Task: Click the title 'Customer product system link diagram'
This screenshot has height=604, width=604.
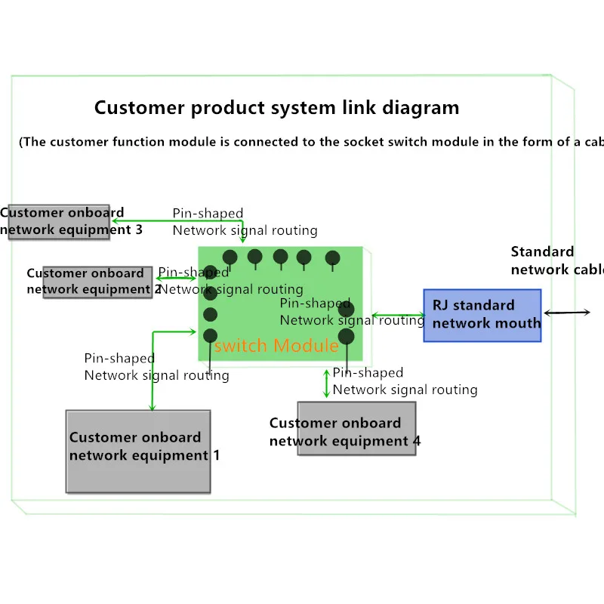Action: [276, 107]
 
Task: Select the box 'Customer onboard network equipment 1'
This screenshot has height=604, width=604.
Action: [138, 451]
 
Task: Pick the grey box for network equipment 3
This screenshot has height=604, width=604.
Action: [59, 221]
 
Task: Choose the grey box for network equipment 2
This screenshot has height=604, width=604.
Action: [98, 282]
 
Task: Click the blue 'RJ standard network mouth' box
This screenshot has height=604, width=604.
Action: [482, 315]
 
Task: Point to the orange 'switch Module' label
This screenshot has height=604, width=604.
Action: [276, 346]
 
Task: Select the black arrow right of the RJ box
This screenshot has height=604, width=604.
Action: [567, 312]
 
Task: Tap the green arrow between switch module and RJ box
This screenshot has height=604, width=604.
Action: [398, 315]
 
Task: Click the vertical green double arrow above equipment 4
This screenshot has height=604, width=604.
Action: [326, 383]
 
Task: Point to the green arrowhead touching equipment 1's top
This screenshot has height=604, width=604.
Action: [153, 407]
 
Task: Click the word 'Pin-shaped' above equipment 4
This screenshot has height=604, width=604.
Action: [368, 372]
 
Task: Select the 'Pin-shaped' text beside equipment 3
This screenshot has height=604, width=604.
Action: [208, 213]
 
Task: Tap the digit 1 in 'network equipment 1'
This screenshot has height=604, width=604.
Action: [216, 455]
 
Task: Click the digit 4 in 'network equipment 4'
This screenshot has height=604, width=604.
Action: [416, 441]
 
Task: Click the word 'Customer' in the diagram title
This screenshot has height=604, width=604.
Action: [140, 107]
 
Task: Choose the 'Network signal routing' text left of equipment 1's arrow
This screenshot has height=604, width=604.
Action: [156, 375]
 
